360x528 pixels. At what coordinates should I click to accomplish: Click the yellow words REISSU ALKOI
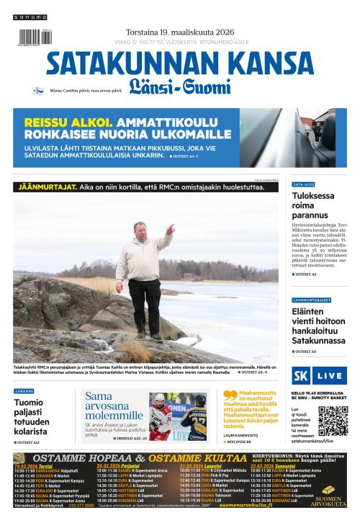click(x=68, y=122)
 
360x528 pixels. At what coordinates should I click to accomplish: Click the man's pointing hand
click(x=170, y=228)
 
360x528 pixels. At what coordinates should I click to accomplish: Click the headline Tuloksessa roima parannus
click(x=313, y=205)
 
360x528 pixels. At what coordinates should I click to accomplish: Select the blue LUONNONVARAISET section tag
click(x=311, y=300)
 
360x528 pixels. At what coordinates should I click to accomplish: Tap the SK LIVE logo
click(x=319, y=376)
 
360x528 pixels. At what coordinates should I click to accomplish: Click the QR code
click(x=333, y=422)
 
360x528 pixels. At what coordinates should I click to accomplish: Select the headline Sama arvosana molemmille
click(x=114, y=406)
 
